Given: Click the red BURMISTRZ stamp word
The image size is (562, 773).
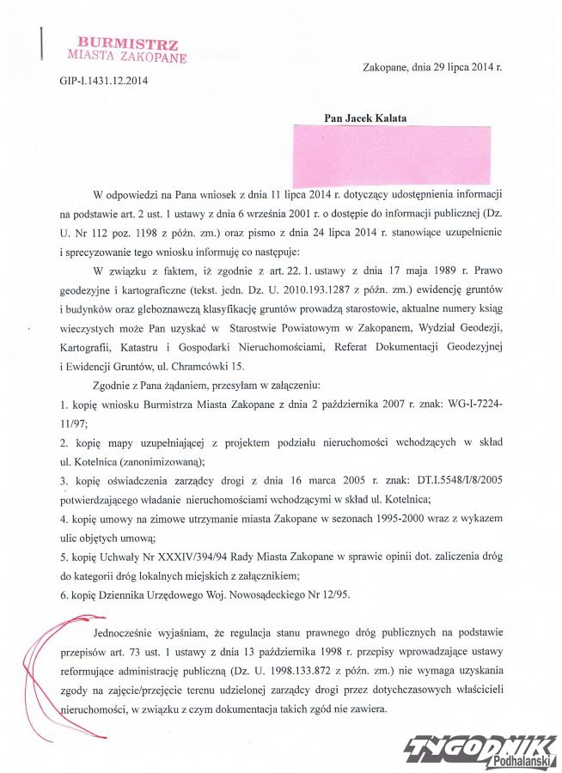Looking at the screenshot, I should pyautogui.click(x=127, y=42).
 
